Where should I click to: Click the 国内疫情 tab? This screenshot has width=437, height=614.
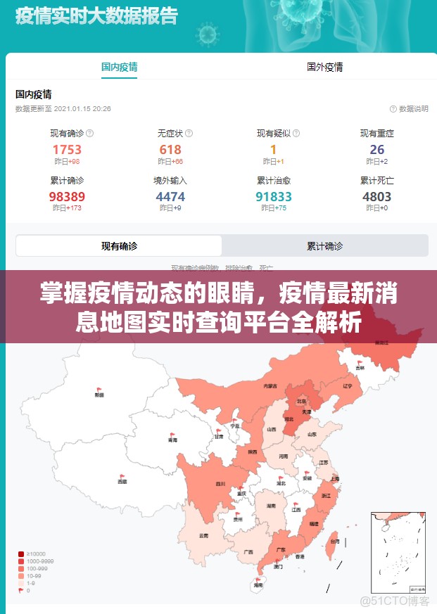tap(119, 68)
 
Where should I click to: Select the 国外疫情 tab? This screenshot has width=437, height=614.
tap(324, 68)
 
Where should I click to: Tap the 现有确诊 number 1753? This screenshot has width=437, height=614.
tap(67, 149)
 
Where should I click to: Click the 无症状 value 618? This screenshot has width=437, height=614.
tap(170, 149)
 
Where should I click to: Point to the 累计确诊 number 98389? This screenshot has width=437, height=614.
tap(67, 197)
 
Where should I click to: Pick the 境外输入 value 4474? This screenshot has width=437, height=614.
tap(170, 197)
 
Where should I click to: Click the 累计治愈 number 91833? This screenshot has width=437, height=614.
tap(273, 197)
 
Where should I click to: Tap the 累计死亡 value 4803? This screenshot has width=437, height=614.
tap(377, 197)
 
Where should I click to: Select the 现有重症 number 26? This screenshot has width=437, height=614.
tap(377, 149)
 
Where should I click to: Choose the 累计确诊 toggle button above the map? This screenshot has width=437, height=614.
tap(324, 246)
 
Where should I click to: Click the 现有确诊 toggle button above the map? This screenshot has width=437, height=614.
tap(119, 246)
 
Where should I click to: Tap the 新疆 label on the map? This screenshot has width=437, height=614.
tap(99, 395)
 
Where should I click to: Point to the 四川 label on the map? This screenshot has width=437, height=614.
tap(220, 484)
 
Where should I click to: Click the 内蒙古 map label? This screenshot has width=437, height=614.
tap(270, 386)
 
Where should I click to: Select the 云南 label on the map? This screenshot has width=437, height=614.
tap(204, 536)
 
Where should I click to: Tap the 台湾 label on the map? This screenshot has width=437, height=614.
tap(334, 542)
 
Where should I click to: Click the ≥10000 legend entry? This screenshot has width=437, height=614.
tap(35, 554)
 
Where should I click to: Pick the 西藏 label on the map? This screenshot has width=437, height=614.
tap(122, 482)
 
